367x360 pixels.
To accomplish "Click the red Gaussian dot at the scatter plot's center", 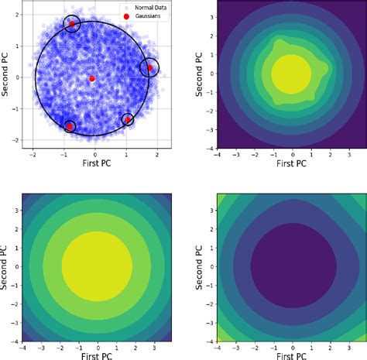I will [x=92, y=78].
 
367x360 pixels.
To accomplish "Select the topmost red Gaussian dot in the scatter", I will [x=72, y=24].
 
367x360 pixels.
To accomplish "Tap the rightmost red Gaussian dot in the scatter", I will [x=150, y=68].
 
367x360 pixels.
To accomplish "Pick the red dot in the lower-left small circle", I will [x=70, y=125].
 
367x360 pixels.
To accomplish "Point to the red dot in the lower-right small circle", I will [x=128, y=119].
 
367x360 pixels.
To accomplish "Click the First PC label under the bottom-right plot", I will [x=291, y=355].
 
